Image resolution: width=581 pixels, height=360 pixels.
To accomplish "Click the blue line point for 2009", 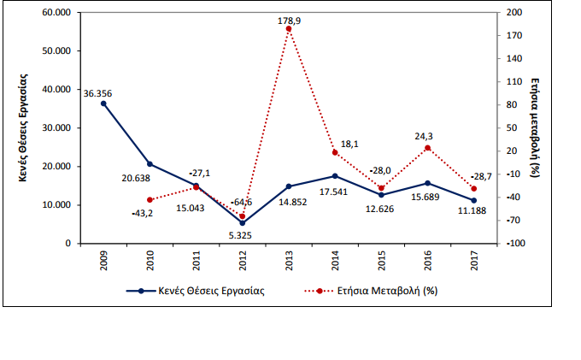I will coord(103,103).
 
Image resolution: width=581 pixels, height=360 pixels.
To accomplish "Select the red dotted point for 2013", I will coord(289,29).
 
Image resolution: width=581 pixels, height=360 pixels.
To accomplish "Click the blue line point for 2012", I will coord(243,223).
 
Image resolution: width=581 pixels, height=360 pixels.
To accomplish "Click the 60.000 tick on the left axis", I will coord(54,13).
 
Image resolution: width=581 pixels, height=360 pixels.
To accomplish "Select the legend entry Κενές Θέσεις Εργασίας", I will coord(202,291).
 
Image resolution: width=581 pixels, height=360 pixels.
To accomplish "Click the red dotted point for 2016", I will coord(427,148).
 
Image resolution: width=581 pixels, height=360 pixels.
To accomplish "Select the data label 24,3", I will coord(427,135).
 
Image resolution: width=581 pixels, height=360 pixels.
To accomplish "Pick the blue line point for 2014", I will coord(335,176).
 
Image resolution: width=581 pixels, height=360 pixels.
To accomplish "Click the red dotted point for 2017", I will coord(473,189).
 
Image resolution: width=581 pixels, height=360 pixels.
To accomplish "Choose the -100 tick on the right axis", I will coord(517,244).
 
